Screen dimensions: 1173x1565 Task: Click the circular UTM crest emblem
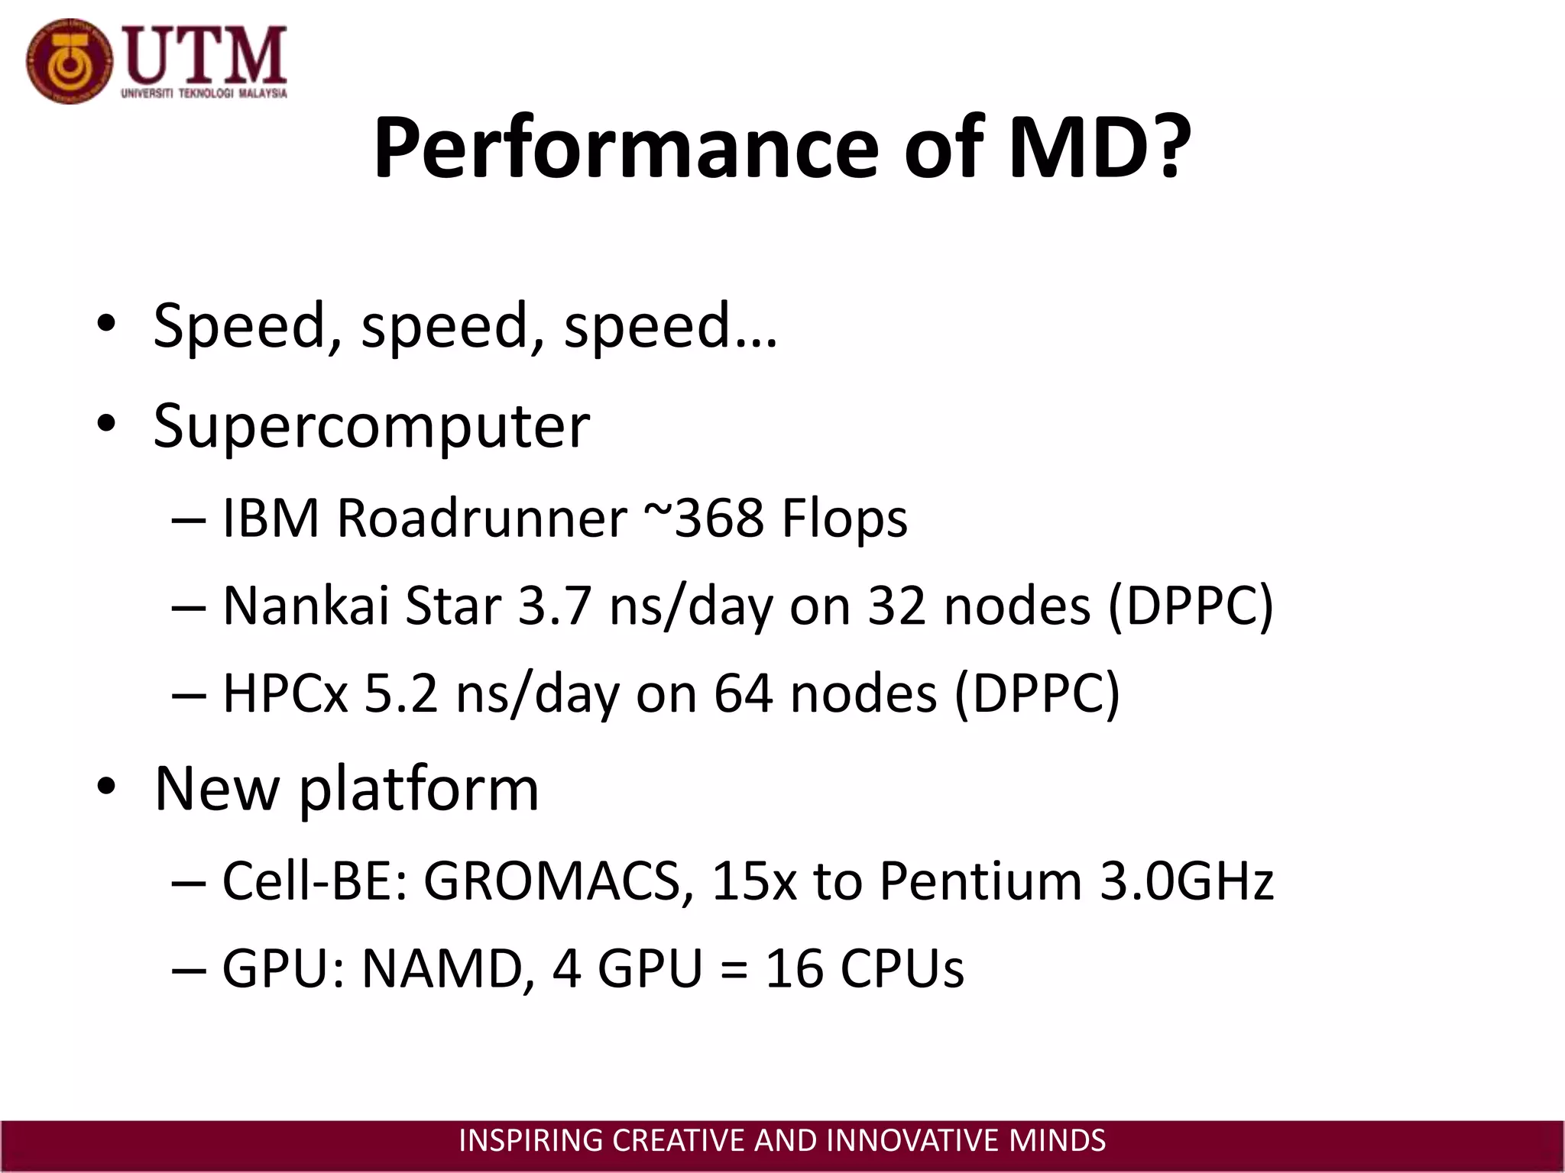point(69,62)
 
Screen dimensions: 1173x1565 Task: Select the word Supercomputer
point(371,426)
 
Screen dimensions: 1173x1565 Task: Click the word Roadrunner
point(481,519)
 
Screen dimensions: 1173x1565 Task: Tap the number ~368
point(703,519)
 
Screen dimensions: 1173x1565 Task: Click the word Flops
point(844,519)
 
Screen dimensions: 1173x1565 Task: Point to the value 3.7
point(555,606)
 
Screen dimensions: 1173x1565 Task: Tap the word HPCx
point(285,693)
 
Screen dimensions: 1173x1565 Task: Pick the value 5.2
point(401,693)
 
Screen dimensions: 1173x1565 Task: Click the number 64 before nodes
point(743,693)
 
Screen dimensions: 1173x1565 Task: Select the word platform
point(419,789)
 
